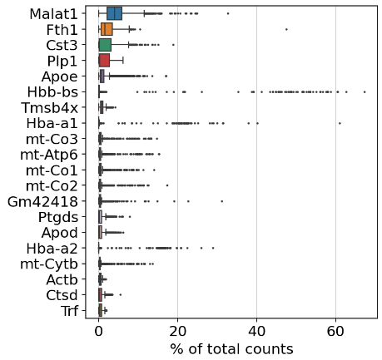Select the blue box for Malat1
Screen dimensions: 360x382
(x=114, y=13)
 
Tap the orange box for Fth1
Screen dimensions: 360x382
(x=107, y=29)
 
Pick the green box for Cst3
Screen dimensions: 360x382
(x=105, y=45)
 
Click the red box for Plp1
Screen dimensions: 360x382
(x=104, y=60)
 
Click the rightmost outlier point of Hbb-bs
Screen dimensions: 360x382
(x=364, y=91)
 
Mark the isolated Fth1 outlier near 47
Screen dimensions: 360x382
(x=286, y=29)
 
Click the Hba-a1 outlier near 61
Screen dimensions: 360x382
(x=340, y=122)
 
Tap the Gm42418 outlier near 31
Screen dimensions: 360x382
(x=222, y=200)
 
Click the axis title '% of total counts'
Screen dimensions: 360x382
(x=231, y=348)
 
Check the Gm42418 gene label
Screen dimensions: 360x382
(x=48, y=200)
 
